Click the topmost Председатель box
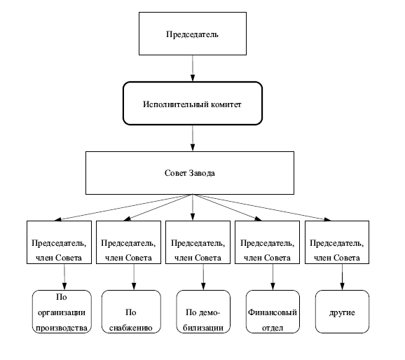pos(193,34)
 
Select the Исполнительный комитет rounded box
pos(193,103)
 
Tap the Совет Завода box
pos(190,173)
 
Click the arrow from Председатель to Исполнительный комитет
pos(193,68)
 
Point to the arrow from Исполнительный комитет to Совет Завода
pos(193,138)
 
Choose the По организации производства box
pos(62,312)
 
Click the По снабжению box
pos(131,312)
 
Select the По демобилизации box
pos(203,312)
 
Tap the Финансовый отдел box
pos(273,312)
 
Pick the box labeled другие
pos(342,312)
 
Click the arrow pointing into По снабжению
pos(134,277)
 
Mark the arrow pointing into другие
pos(342,277)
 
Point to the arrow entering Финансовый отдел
pos(273,277)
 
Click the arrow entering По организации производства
pos(64,277)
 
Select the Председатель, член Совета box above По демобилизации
pos(198,242)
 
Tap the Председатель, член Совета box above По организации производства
pos(59,242)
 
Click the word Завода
pos(202,173)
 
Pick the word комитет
pos(226,104)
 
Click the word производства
pos(62,328)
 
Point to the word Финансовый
pos(273,312)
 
